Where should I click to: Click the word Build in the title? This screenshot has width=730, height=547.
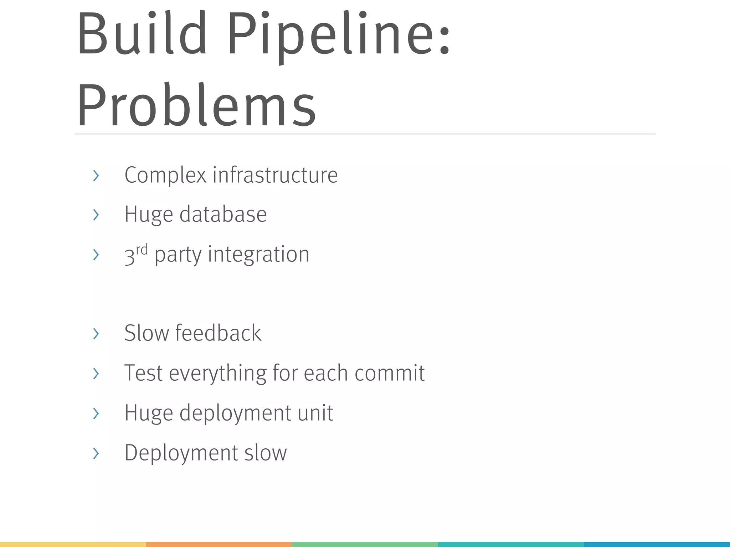point(142,34)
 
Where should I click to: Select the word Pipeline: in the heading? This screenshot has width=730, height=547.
point(339,36)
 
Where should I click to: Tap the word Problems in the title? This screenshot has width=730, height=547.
point(196,105)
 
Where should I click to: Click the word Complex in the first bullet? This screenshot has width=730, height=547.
point(165,175)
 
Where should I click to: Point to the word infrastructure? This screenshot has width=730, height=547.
point(275,175)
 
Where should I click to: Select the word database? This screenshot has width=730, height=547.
point(223,214)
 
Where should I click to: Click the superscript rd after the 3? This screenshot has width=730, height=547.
point(142,249)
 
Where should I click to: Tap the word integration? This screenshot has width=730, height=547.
point(258,254)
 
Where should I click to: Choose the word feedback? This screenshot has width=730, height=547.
point(218,333)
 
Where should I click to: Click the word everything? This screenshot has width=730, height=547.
point(217,373)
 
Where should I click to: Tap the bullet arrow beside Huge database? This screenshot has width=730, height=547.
point(96,215)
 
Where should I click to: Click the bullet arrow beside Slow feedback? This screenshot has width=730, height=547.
point(96,334)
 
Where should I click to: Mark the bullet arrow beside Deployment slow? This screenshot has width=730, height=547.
point(96,453)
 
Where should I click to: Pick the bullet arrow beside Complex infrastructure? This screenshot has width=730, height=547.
point(96,176)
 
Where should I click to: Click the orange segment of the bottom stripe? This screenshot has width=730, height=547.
point(219,545)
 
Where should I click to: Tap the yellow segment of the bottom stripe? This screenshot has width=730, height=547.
point(73,545)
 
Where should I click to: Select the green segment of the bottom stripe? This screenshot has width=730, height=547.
point(365,545)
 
